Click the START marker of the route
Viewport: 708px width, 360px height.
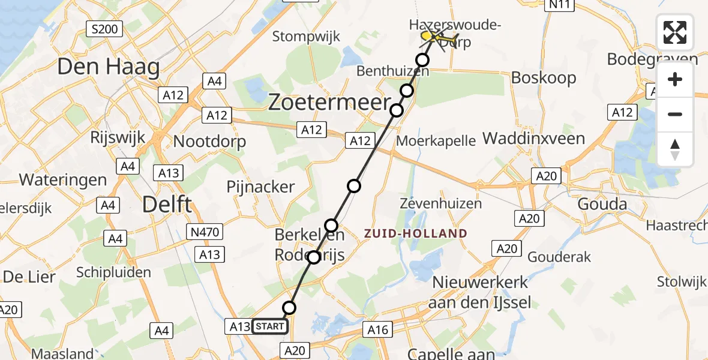[270, 326]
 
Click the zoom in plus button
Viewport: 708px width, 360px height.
[675, 80]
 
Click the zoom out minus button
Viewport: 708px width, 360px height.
[675, 114]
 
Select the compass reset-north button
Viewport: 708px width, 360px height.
[675, 149]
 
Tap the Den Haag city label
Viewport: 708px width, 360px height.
[109, 67]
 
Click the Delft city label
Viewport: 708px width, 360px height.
[167, 205]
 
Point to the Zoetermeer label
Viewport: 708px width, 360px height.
[329, 103]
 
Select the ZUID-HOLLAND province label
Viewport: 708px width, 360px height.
[415, 233]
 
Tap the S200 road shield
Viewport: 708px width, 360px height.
[104, 28]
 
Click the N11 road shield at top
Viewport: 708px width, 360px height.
[559, 5]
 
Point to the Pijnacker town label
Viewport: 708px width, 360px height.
[260, 187]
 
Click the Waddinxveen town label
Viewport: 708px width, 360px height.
[533, 139]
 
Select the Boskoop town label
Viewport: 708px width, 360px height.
[544, 78]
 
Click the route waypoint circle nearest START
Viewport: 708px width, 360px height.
[289, 308]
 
